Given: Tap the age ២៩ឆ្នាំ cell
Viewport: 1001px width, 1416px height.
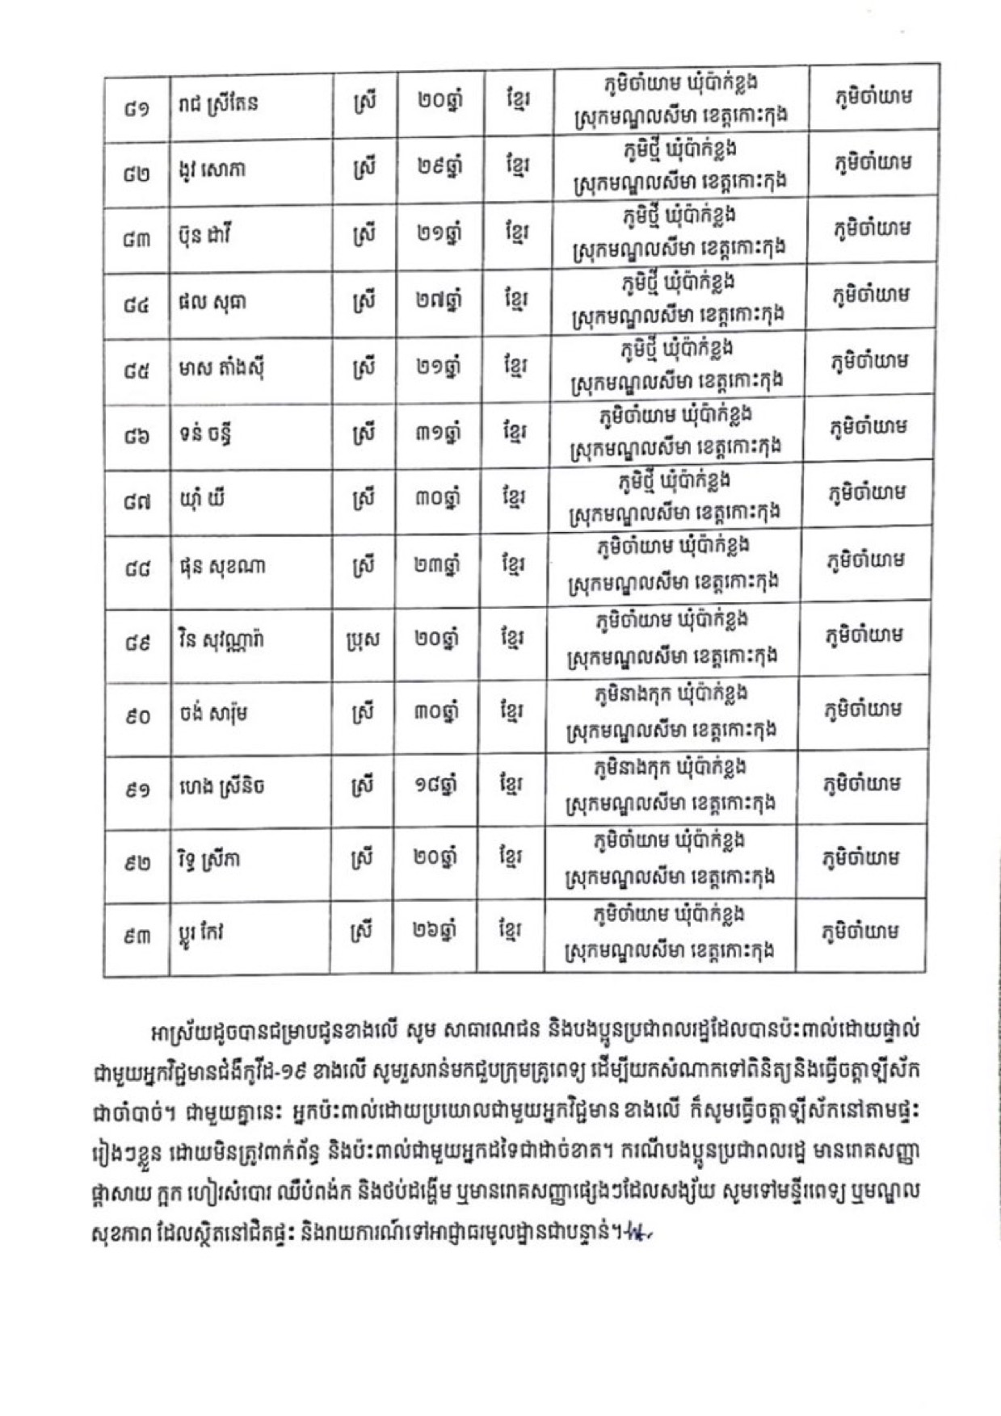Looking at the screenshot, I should point(435,167).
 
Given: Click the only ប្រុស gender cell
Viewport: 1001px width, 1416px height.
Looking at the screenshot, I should point(363,639).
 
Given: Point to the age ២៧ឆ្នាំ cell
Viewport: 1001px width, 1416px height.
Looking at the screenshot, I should point(435,300).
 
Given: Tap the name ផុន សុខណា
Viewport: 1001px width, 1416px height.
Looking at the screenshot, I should point(222,567).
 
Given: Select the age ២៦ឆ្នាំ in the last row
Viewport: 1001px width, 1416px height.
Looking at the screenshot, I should point(435,932).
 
